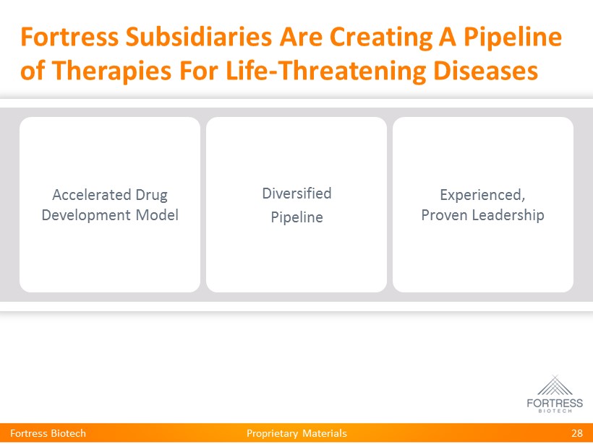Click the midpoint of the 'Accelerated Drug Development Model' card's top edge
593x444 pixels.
point(110,117)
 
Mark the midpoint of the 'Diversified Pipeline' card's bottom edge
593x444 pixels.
point(296,292)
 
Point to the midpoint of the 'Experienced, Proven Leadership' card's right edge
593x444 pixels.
point(573,204)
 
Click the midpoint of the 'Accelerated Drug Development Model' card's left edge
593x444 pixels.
point(20,204)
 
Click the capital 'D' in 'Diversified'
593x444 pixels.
point(267,193)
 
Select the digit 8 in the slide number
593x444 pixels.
point(580,433)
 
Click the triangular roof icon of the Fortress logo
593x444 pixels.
point(555,385)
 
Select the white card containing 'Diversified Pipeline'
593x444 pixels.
point(296,204)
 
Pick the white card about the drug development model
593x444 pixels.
point(110,204)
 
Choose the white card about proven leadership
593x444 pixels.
point(483,204)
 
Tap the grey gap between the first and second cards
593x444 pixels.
point(203,204)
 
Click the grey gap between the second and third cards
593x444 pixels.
point(390,204)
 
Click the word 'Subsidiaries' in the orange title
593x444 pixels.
point(199,37)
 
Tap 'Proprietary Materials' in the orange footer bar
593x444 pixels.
point(296,433)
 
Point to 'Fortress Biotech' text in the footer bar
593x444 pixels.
point(48,433)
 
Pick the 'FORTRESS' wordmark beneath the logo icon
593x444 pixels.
point(555,404)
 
